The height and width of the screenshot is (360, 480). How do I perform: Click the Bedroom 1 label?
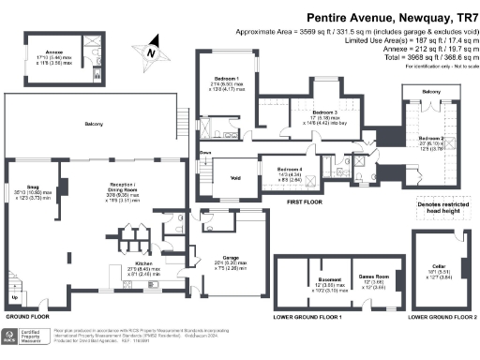coord(226,79)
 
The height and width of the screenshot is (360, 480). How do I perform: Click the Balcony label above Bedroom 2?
coord(430,92)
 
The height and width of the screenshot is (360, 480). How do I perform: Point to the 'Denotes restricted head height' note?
coord(437,209)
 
